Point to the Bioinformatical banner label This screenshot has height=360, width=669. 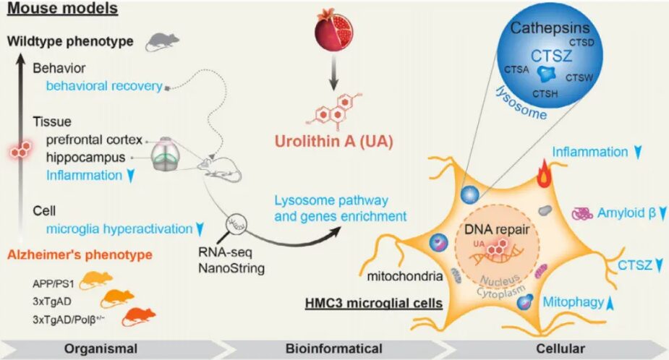coord(335,348)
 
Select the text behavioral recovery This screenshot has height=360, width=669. coord(103,86)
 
